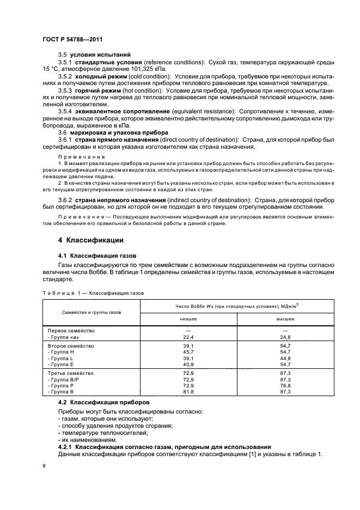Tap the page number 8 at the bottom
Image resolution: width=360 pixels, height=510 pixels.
44,466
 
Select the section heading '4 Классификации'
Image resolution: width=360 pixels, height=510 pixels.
91,240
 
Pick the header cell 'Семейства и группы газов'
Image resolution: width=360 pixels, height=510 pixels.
92,312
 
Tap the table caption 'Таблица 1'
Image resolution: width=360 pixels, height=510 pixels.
60,293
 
